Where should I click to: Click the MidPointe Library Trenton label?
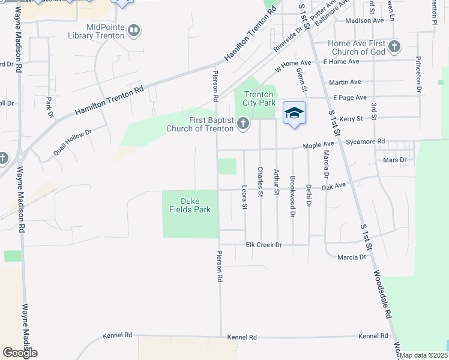pos(105,31)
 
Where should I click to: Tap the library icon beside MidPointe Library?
pos(134,30)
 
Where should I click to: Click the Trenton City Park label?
pos(259,98)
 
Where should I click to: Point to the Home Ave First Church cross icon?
pos(394,46)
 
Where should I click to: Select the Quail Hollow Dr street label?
pos(72,142)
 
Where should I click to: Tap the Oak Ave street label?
pos(334,187)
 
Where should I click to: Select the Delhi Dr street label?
pos(309,195)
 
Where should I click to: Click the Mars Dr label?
pos(394,160)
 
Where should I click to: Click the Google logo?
pos(20,353)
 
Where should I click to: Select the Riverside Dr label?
pos(288,38)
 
